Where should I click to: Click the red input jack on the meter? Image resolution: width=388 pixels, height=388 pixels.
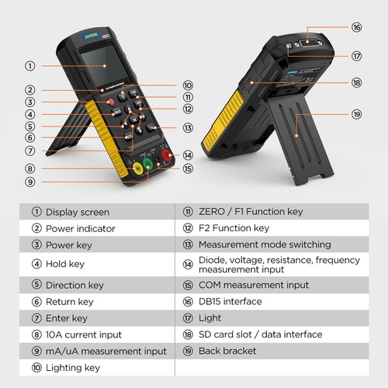click(x=167, y=156)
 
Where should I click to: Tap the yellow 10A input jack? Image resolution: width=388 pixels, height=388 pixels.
click(x=137, y=169)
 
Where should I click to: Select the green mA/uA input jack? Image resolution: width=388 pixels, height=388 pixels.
click(x=147, y=165)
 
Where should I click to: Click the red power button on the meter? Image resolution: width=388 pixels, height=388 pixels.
click(x=111, y=102)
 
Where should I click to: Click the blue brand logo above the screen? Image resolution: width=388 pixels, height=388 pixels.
click(x=92, y=36)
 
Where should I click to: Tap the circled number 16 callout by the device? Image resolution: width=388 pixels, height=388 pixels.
click(x=356, y=27)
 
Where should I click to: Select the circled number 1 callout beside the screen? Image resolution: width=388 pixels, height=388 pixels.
click(x=30, y=66)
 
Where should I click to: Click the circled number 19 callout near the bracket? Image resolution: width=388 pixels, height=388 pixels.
click(x=356, y=114)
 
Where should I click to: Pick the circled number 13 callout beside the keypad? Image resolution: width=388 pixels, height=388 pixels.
click(x=188, y=128)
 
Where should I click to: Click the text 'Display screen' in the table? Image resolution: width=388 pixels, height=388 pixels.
click(x=78, y=212)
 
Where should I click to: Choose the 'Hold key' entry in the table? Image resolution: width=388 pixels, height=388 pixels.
click(x=65, y=264)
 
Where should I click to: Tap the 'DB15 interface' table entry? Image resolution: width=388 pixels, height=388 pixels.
click(x=230, y=301)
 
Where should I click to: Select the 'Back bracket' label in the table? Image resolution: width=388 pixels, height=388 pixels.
click(x=227, y=351)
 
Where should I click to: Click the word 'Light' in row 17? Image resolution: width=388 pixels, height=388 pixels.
click(x=210, y=318)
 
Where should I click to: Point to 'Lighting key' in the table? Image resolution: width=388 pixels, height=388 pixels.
click(x=73, y=368)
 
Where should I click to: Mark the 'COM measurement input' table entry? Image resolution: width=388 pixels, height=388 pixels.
click(x=254, y=285)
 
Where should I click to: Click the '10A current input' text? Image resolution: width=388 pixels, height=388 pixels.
click(x=84, y=334)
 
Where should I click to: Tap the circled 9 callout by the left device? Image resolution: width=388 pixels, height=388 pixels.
click(x=30, y=182)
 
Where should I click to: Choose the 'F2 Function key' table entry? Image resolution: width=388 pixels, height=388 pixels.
click(x=234, y=228)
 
